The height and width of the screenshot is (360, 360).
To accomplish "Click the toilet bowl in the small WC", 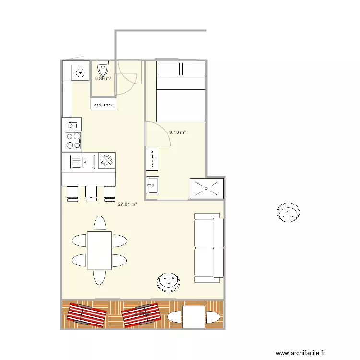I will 103,67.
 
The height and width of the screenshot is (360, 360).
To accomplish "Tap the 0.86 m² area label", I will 103,78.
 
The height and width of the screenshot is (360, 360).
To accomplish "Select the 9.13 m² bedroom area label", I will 177,132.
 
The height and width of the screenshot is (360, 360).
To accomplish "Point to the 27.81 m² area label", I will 128,204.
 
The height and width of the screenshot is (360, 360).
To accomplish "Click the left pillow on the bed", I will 168,69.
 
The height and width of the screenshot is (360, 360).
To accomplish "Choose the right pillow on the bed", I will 193,69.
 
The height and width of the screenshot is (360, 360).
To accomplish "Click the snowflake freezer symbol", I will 107,161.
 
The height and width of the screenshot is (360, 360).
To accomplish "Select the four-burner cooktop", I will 73,141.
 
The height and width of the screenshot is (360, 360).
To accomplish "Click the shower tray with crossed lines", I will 207,188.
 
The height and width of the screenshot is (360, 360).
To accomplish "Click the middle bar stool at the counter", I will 91,192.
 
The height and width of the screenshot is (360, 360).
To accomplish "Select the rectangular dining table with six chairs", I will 99,250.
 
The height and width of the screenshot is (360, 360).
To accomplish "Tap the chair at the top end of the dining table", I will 99,224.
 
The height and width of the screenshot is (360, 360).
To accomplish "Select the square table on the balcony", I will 194,317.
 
